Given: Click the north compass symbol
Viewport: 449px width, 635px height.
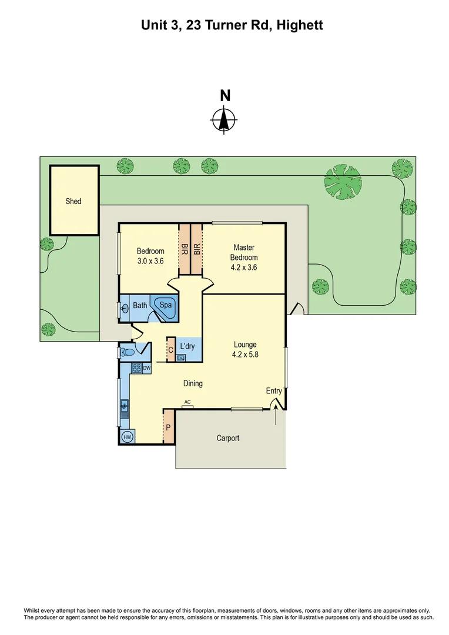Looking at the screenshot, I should coord(224,120).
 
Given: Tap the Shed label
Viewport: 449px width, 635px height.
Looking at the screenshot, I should coord(73,201).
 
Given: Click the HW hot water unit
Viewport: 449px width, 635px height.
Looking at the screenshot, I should coord(126,437).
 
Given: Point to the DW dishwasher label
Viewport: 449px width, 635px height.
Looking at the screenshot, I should coord(146,369).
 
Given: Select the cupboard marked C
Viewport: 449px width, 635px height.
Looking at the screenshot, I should coord(170,350).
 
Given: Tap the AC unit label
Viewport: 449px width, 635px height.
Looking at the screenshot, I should coord(188,403).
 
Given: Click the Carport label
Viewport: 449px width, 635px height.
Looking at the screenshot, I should coord(227,438).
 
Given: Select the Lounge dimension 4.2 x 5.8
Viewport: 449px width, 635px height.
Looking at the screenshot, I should coord(245,355).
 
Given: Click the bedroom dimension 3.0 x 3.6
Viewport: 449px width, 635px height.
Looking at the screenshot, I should coord(150,261).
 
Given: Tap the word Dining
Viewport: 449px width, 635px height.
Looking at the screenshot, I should coord(193,383).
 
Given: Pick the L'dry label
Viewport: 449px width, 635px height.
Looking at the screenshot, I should coord(187,346).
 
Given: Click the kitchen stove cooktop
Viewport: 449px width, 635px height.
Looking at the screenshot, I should coord(136,369).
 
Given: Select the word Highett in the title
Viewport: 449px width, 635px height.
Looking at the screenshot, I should coord(300,25).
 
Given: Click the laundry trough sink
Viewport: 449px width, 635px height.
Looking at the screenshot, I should coord(181,357).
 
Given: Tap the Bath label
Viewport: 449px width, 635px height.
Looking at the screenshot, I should coord(140,305).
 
